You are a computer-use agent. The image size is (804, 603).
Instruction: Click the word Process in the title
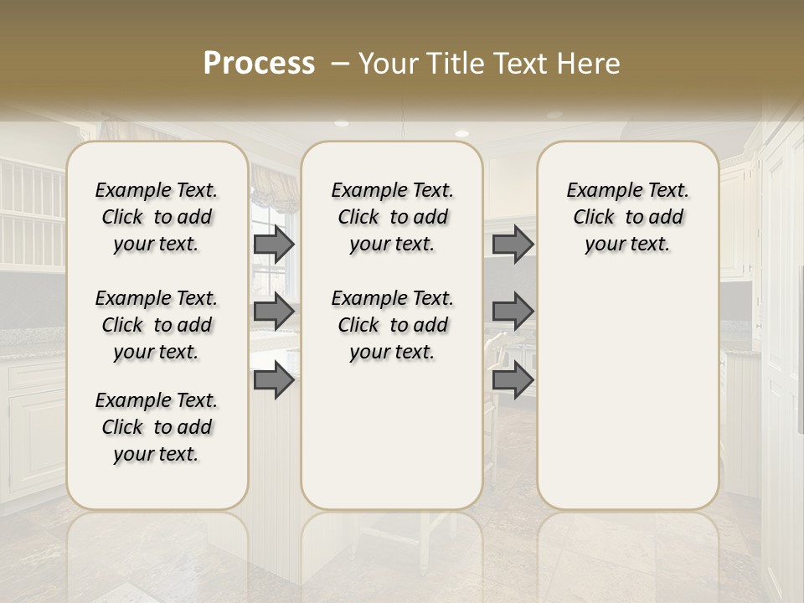[x=259, y=64]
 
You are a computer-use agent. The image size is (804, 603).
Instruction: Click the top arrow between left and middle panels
[x=274, y=244]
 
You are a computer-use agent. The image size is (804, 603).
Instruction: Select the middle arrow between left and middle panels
[x=274, y=312]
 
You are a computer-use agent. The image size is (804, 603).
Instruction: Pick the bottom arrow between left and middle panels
[x=274, y=380]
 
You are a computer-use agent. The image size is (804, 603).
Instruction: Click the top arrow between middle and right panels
[x=513, y=244]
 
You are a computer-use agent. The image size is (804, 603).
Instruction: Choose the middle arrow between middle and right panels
[x=513, y=312]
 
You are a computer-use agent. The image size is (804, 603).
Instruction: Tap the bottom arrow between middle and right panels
[x=513, y=380]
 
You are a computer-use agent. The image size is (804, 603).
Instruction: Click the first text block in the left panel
[x=157, y=217]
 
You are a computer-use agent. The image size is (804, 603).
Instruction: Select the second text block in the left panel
[x=157, y=325]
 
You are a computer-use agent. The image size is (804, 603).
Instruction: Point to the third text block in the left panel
[x=157, y=427]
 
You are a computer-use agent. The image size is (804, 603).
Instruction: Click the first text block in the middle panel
[x=392, y=217]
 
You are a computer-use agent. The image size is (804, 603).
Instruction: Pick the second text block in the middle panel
[x=392, y=325]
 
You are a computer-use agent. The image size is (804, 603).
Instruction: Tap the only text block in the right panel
[x=627, y=217]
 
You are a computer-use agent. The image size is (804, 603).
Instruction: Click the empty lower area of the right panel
[x=627, y=385]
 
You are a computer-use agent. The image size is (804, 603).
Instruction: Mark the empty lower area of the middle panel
[x=392, y=435]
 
